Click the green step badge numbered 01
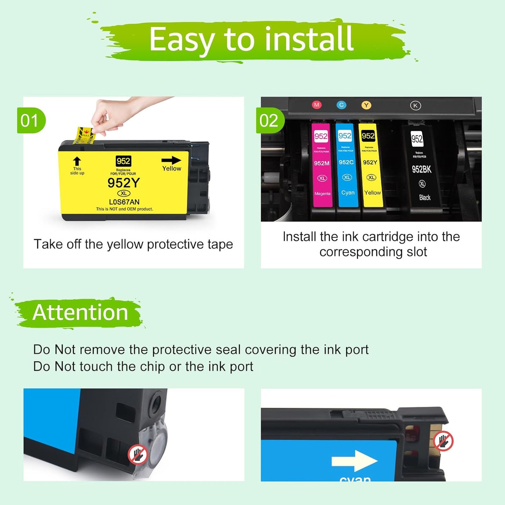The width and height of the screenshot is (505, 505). (x=31, y=121)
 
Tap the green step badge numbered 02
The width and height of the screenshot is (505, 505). (x=269, y=121)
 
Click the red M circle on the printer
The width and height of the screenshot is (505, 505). (x=317, y=105)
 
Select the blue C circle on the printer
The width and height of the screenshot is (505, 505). (x=341, y=105)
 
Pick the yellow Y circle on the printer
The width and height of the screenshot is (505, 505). (x=366, y=105)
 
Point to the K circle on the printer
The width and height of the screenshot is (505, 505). (x=415, y=106)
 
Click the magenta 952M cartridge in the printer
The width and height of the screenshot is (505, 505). (x=322, y=164)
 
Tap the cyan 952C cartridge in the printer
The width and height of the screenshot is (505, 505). (x=346, y=164)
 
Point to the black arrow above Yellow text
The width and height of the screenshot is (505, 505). (x=171, y=160)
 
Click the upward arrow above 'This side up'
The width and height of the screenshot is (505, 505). (x=77, y=161)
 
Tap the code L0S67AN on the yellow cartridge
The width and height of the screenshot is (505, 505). (x=124, y=202)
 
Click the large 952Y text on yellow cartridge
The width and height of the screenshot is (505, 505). (x=124, y=183)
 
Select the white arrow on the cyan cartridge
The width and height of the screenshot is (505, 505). (x=354, y=461)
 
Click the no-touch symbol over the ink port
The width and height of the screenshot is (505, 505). (x=138, y=454)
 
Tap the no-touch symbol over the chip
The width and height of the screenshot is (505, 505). (x=443, y=441)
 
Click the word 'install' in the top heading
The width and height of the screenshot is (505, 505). (x=309, y=39)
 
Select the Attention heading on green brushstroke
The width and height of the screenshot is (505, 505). (x=80, y=312)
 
